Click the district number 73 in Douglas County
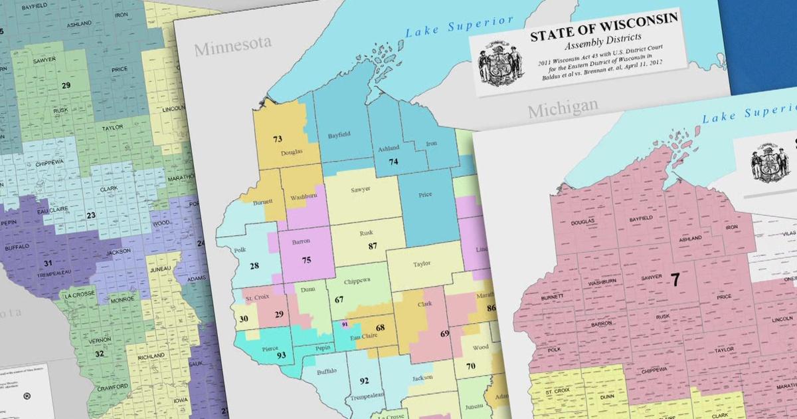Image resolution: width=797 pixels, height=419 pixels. tap(278, 139)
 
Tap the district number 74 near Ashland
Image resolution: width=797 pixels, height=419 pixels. tap(393, 162)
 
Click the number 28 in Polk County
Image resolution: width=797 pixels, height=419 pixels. tap(254, 266)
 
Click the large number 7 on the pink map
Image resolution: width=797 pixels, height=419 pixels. tap(675, 280)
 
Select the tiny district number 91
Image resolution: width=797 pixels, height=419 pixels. tap(344, 324)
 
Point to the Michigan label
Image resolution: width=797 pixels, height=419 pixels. tap(562, 108)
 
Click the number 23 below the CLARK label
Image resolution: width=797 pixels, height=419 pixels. tap(91, 215)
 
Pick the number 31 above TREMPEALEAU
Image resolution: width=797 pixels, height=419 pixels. tap(48, 264)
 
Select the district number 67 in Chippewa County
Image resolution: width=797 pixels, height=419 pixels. tap(339, 299)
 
